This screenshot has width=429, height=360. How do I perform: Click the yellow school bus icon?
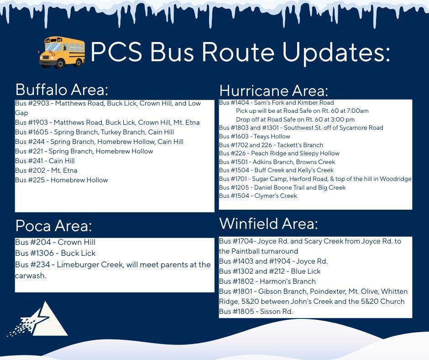click(x=62, y=52)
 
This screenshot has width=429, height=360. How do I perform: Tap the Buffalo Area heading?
click(x=62, y=89)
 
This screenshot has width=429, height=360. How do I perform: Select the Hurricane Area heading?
click(x=273, y=90)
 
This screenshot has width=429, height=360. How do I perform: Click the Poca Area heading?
click(x=53, y=226)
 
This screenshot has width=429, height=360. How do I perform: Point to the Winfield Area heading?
click(x=268, y=224)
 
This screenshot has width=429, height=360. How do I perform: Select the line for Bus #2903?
click(x=108, y=104)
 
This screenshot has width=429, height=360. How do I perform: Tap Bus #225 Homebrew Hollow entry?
click(x=61, y=180)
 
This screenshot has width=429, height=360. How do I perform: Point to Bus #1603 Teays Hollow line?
click(x=254, y=136)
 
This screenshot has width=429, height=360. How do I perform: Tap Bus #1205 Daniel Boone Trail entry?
click(x=282, y=187)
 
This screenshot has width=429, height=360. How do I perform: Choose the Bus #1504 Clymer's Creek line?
click(x=258, y=196)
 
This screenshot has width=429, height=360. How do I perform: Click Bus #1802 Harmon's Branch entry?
click(x=267, y=281)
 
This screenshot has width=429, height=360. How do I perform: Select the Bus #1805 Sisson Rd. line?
click(x=256, y=312)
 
